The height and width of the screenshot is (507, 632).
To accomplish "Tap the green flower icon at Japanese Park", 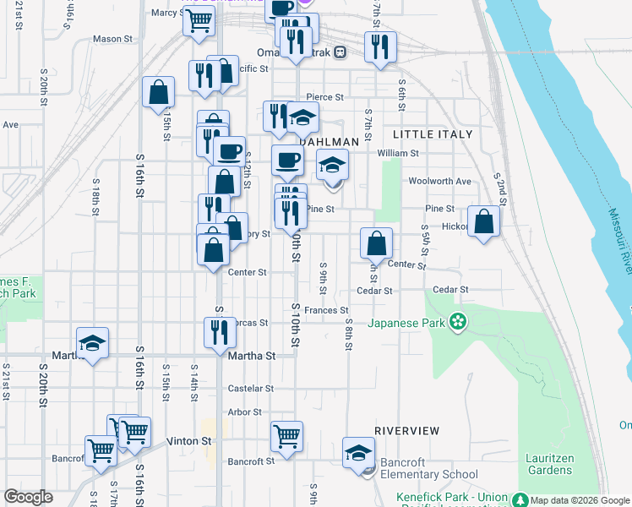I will click(x=457, y=321).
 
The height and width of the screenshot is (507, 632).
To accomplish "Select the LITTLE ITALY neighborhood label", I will click(x=433, y=134).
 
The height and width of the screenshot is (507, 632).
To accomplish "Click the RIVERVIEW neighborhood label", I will click(x=407, y=431).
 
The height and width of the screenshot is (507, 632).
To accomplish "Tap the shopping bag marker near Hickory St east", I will click(x=483, y=223).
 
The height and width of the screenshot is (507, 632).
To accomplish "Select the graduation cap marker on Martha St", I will click(x=92, y=344).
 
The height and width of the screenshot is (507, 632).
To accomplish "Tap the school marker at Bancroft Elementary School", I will click(x=358, y=454).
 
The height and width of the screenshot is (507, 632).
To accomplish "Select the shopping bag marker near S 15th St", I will click(x=158, y=94).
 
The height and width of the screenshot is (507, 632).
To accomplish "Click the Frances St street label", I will click(x=327, y=311).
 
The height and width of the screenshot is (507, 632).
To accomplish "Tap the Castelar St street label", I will click(x=251, y=389).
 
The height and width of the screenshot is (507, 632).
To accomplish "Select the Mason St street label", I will click(x=113, y=39).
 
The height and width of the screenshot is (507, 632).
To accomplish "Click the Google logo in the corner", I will click(x=29, y=497).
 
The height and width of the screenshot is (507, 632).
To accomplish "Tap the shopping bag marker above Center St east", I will click(x=376, y=243).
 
